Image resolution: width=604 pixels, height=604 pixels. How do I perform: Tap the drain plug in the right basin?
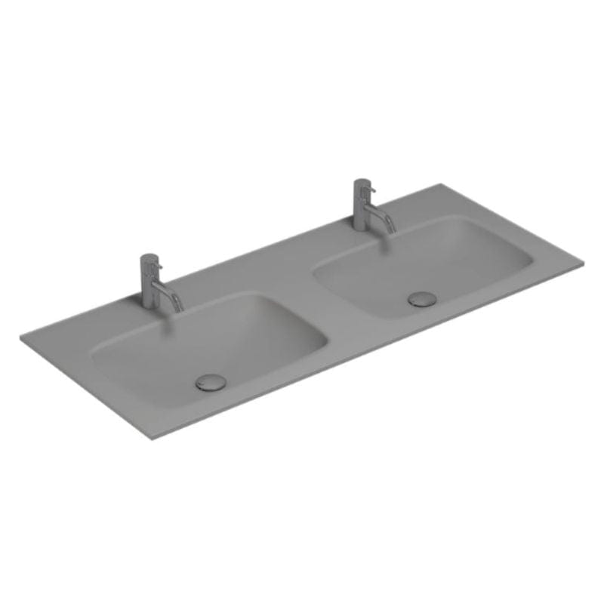point(421,298)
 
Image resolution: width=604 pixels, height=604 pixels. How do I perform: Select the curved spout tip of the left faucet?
point(178,307)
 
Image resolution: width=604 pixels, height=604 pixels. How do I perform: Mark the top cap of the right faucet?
point(361,182)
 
